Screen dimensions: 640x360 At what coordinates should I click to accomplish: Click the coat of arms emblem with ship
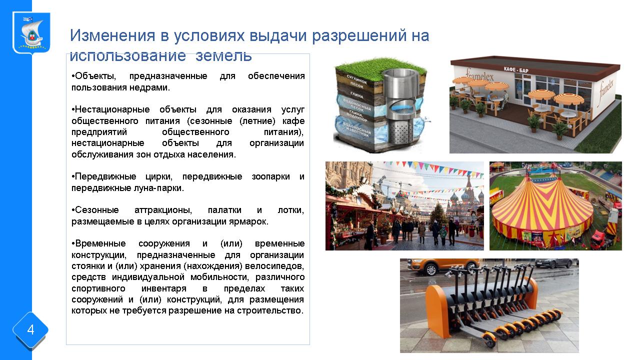click(x=31, y=33)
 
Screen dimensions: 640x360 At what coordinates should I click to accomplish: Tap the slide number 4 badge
click(x=30, y=330)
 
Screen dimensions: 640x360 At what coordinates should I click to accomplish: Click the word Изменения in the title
click(x=112, y=35)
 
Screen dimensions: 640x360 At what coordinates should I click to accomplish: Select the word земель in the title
click(x=223, y=55)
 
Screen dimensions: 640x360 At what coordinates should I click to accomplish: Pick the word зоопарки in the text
click(x=270, y=177)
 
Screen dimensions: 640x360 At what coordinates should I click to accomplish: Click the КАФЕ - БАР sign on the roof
click(x=515, y=69)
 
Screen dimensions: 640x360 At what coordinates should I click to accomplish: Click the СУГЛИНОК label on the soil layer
click(x=356, y=79)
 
